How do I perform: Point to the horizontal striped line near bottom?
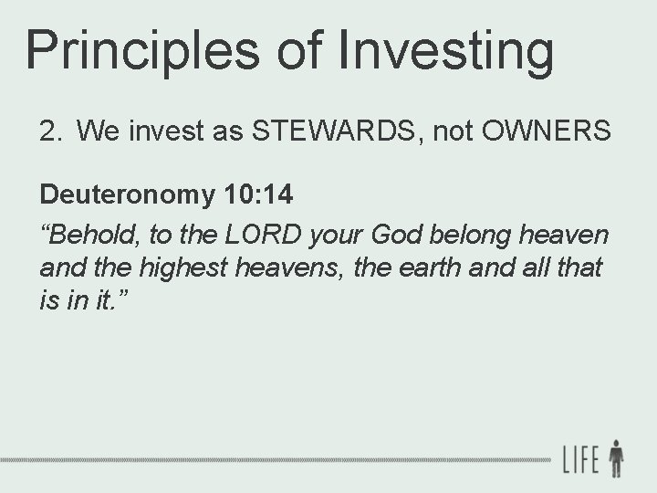click(x=274, y=459)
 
